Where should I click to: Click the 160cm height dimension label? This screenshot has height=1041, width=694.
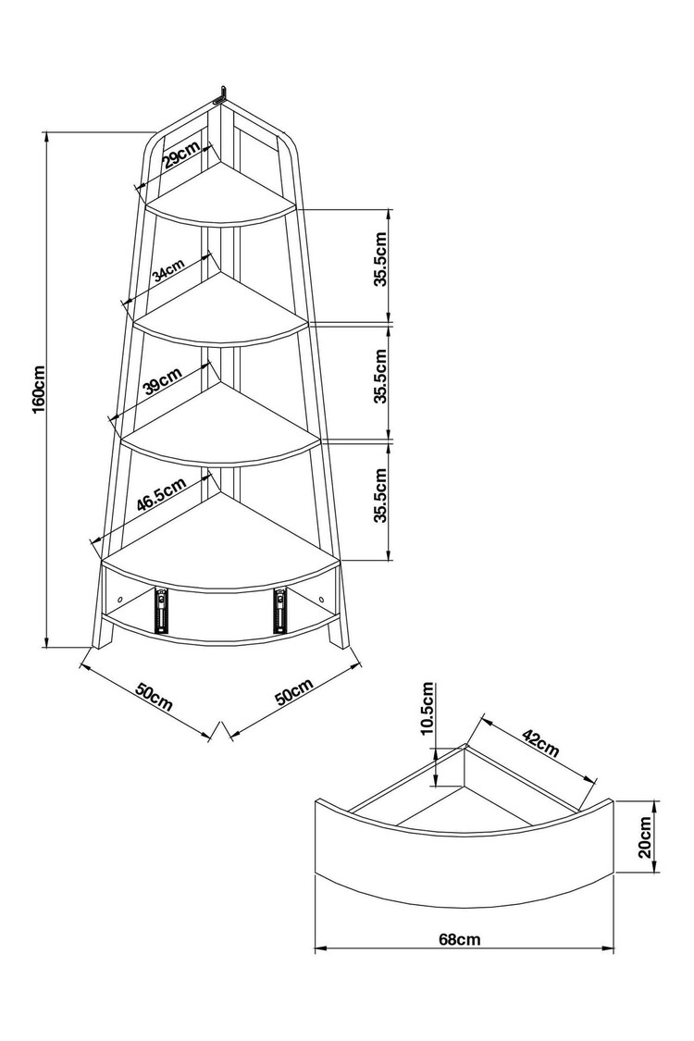pyautogui.click(x=37, y=388)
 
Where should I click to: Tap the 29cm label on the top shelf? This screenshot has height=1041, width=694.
pyautogui.click(x=182, y=158)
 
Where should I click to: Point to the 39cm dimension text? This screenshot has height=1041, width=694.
pyautogui.click(x=163, y=380)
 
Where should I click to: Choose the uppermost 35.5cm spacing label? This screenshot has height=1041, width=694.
pyautogui.click(x=380, y=261)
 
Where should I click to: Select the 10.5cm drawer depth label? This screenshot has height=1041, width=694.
pyautogui.click(x=427, y=709)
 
